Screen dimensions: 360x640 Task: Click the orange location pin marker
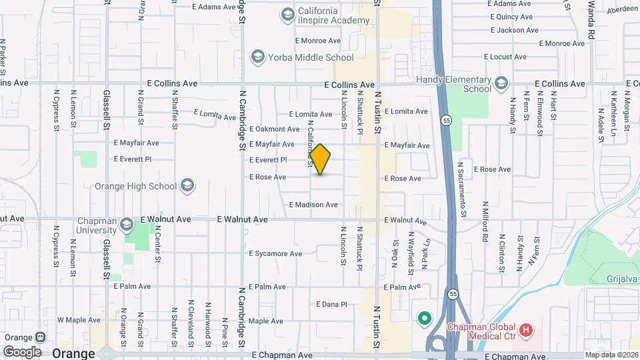point(320,159)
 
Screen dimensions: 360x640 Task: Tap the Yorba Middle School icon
point(257,57)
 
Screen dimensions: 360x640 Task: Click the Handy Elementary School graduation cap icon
point(501,83)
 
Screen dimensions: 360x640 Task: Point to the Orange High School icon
point(187,186)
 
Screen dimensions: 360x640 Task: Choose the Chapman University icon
point(127,225)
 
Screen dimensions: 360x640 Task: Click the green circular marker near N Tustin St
point(423,318)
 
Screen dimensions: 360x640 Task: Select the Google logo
point(22,351)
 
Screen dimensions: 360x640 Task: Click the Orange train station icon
point(40,339)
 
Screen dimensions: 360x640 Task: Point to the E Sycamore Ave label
point(275,253)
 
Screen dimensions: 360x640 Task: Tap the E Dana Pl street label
point(331,304)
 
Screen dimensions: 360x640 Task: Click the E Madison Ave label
point(313,205)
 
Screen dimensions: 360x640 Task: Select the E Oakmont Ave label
point(275,129)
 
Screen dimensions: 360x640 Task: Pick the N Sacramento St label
point(461,189)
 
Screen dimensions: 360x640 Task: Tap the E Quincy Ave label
point(511,17)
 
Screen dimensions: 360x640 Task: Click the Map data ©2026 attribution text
point(611,355)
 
